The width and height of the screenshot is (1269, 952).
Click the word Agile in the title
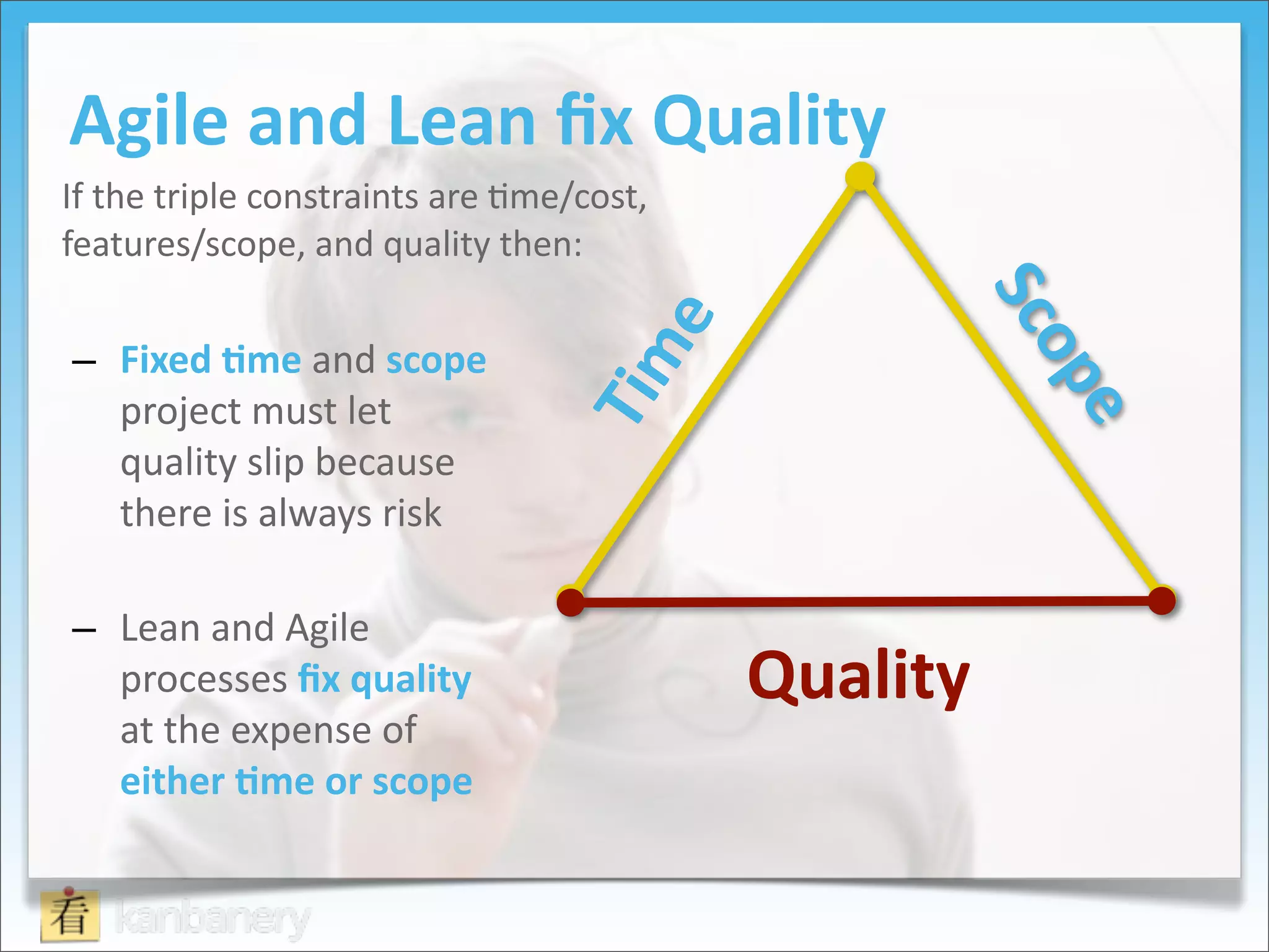point(149,121)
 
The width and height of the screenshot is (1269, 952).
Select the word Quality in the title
point(768,121)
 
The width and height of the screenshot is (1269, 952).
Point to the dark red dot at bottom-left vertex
point(571,601)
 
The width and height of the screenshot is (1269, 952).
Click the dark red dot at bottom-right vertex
point(1162,601)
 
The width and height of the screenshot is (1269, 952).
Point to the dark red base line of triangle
point(867,601)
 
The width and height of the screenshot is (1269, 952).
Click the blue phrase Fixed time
point(211,360)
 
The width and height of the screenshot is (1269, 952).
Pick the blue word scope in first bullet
point(436,361)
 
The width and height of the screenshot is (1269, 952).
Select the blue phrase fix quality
point(384,680)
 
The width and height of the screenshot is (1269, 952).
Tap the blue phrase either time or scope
point(296,782)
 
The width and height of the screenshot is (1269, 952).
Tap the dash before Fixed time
point(84,362)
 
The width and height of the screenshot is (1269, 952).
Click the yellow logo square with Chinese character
point(70,916)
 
